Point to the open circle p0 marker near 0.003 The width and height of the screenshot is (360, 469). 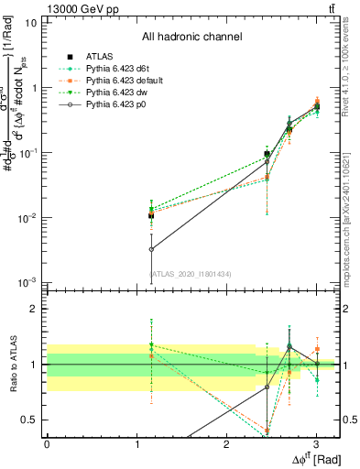point(151,248)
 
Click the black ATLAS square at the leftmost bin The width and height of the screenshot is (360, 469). point(151,216)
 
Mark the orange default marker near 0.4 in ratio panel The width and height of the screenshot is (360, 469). point(267,431)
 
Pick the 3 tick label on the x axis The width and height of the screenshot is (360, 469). point(316,444)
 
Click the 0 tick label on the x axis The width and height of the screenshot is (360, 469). point(47,444)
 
